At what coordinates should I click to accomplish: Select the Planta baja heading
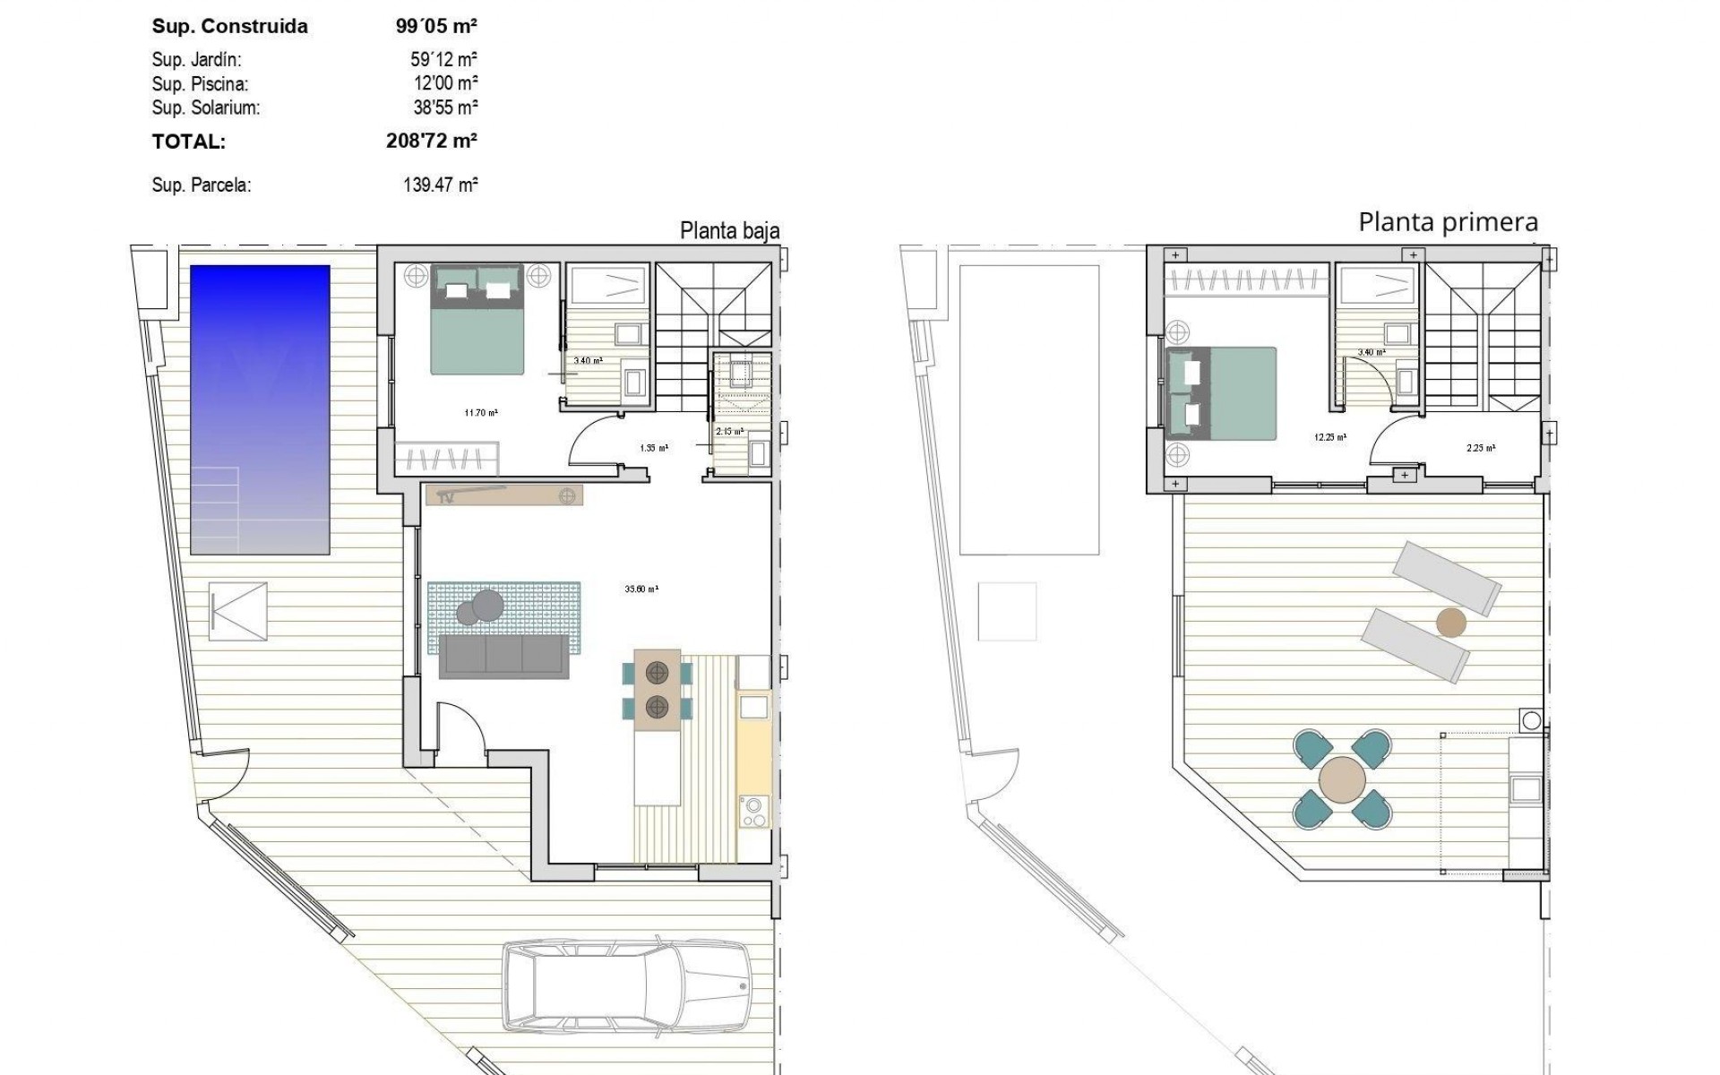coord(729,231)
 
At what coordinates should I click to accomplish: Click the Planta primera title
coord(1448,222)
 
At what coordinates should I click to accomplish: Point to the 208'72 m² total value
coord(432,141)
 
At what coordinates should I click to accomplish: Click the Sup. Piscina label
coord(200,84)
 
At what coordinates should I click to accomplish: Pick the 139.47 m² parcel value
coord(440,185)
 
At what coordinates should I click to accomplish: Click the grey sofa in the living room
coord(503,657)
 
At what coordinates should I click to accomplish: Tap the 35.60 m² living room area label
coord(641,589)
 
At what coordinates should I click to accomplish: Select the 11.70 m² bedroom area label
coord(481,413)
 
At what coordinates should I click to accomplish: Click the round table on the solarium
coord(1342,778)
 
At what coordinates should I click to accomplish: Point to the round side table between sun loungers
coord(1450,623)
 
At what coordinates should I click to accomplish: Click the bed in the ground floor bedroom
coord(477,320)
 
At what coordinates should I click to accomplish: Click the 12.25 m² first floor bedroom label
coord(1329,438)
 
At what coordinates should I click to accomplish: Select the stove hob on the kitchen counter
coord(753,812)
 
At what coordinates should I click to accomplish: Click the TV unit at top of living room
coord(504,494)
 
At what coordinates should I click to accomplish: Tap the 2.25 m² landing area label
coord(1480,448)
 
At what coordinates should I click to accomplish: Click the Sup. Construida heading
coord(229,26)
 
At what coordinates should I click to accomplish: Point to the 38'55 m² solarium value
coord(445,108)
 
